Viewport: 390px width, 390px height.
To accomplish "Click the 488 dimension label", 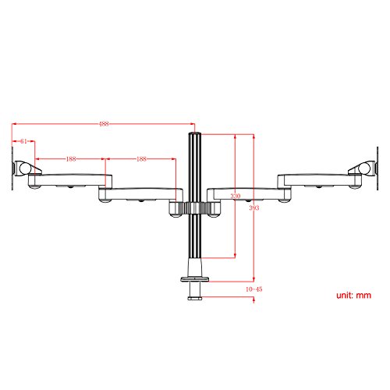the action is pos(104,124).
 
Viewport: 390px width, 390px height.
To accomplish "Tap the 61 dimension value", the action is pos(23,141).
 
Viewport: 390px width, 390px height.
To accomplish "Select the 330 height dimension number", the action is pos(236,196).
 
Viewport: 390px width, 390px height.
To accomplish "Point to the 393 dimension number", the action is pos(254,207).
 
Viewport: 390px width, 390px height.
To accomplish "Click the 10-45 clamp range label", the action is pos(254,289).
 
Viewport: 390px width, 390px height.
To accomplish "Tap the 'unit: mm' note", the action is pos(353,296).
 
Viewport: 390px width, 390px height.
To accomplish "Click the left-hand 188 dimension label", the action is pos(71,159).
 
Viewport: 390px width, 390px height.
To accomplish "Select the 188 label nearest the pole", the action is pos(141,159).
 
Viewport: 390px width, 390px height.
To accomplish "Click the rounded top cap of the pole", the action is pos(194,134).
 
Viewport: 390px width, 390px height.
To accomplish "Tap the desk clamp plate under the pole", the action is pos(195,279).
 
